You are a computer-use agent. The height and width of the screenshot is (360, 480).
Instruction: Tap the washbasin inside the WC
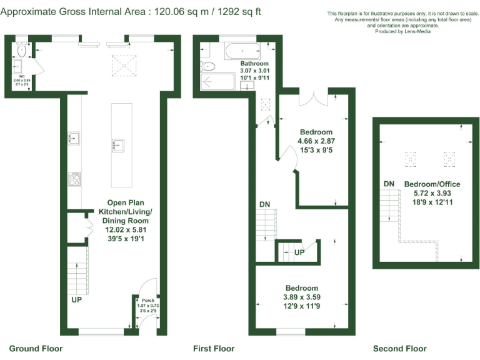point(17,65)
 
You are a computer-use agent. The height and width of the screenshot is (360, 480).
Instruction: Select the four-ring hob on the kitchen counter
point(74,179)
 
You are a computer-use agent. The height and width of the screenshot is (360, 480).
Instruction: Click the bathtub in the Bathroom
point(241,50)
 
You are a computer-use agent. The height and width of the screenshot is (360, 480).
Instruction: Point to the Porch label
point(147,300)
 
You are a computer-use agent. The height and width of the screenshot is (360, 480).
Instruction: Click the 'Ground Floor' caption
point(36,348)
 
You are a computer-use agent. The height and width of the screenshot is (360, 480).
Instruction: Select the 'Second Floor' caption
point(399,348)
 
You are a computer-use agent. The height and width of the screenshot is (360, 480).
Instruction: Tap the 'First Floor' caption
point(214,348)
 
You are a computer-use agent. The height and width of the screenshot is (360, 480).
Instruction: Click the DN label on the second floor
point(389,183)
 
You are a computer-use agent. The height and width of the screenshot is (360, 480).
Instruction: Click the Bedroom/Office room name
point(432,184)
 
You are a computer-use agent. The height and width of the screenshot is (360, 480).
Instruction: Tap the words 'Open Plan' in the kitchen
point(127,202)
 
